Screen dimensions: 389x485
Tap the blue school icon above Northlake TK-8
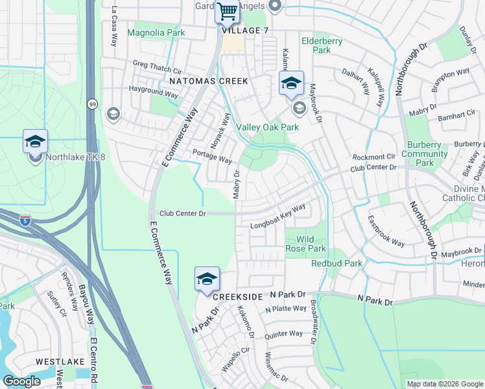[x=35, y=142]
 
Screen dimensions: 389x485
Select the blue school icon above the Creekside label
[x=207, y=279]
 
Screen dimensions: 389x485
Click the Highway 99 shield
[x=93, y=103]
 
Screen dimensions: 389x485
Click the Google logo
[x=21, y=381]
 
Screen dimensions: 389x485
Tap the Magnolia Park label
[x=156, y=32]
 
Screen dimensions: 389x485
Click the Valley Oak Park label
[x=268, y=127]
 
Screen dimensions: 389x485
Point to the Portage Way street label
[x=212, y=156]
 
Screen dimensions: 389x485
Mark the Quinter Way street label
[x=283, y=334]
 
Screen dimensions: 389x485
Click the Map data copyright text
[x=444, y=384]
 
